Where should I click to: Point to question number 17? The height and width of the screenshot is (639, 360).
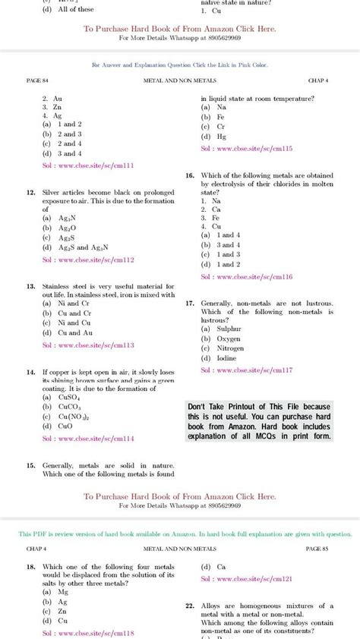coord(190,303)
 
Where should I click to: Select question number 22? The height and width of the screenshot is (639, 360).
coord(190,606)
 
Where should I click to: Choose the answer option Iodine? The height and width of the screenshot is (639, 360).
coord(223,358)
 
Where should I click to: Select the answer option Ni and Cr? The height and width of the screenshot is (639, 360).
coord(74,304)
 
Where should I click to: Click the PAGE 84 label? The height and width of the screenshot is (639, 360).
coord(36,80)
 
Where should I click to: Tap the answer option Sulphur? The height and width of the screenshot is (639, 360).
coord(226,329)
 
